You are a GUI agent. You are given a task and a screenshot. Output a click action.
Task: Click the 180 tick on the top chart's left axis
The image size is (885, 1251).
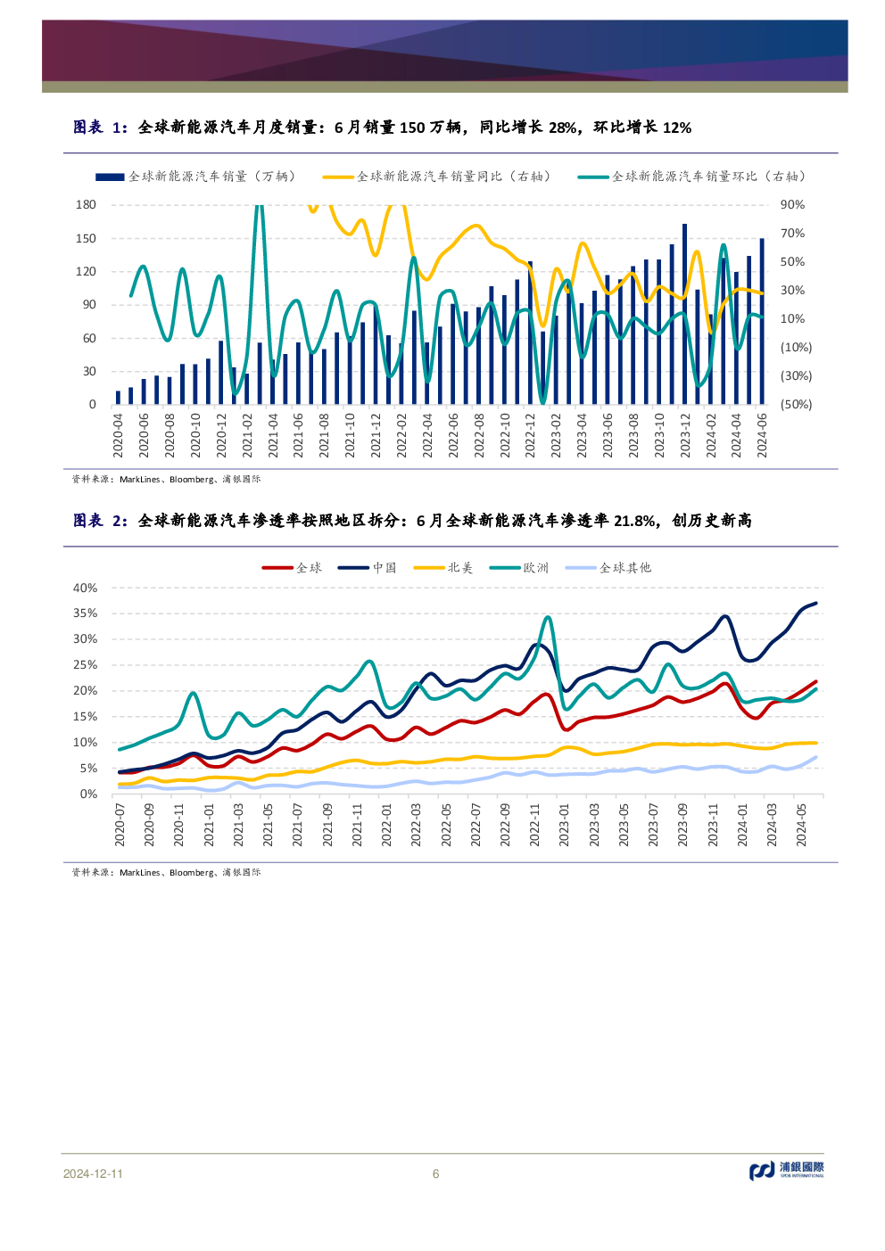tap(86, 205)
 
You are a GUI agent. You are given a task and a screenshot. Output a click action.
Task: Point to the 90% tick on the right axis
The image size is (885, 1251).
tap(792, 205)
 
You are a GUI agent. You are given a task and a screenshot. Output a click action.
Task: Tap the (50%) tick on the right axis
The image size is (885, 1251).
tap(796, 405)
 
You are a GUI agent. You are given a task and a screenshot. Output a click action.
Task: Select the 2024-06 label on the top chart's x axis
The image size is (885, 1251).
tap(762, 435)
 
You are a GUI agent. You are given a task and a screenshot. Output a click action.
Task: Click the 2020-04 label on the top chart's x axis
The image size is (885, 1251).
tap(118, 435)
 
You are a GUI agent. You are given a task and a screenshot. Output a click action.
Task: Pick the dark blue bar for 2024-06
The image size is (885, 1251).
tap(762, 321)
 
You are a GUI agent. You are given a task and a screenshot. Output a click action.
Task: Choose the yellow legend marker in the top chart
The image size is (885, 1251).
tap(338, 177)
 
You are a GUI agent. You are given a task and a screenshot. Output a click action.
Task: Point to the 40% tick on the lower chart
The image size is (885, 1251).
tap(85, 588)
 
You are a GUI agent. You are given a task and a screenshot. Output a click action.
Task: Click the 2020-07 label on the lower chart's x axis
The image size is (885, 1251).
tap(120, 824)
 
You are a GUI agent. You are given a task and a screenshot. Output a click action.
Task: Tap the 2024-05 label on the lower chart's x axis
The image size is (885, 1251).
tap(802, 824)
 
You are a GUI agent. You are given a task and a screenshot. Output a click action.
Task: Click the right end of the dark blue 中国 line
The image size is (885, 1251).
tap(816, 604)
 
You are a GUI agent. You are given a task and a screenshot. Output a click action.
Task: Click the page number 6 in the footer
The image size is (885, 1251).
tap(435, 1174)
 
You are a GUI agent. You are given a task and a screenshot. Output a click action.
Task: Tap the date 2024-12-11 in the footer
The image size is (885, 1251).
tap(93, 1174)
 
